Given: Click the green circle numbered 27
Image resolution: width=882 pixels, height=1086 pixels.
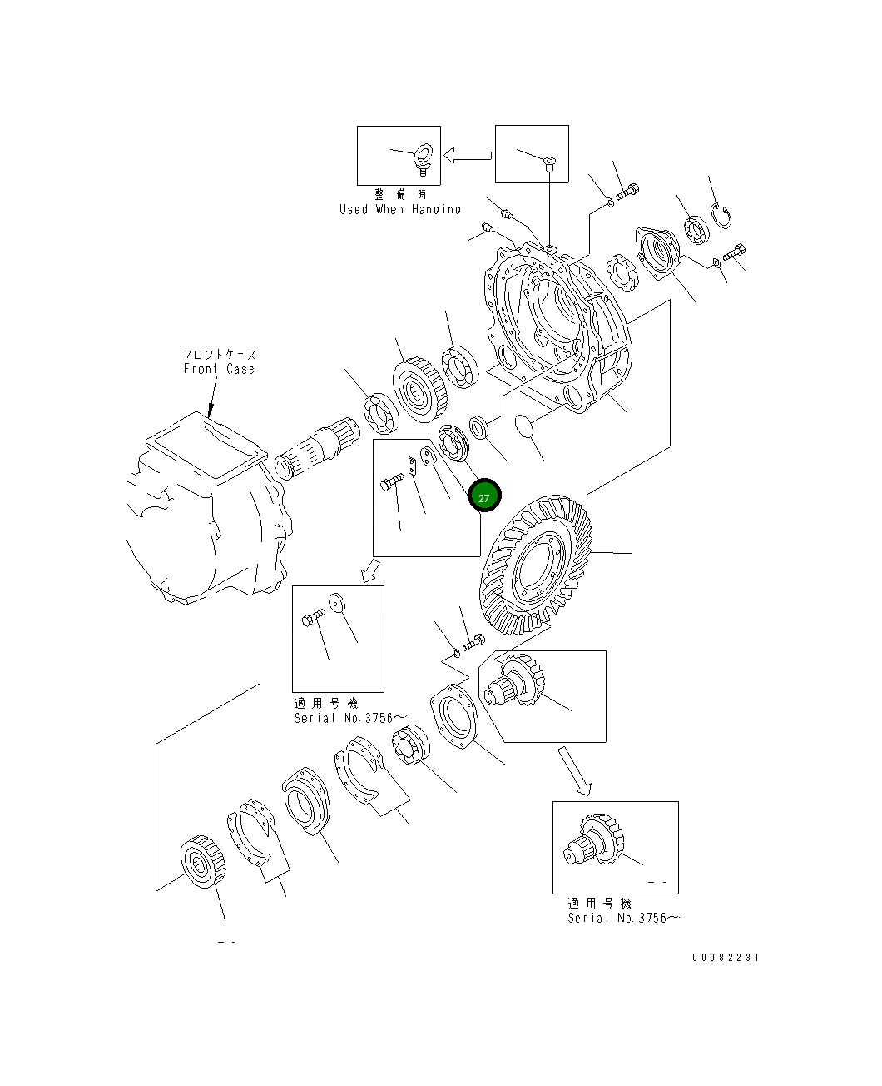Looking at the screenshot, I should pyautogui.click(x=484, y=497).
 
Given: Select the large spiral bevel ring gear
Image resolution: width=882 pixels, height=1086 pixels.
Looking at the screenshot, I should pyautogui.click(x=537, y=565).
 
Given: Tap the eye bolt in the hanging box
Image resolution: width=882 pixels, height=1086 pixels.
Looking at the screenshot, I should pyautogui.click(x=424, y=159).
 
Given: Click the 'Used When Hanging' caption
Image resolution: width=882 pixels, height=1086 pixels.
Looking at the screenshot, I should pyautogui.click(x=399, y=209).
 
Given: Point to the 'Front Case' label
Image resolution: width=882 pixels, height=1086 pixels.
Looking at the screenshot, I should pyautogui.click(x=219, y=369).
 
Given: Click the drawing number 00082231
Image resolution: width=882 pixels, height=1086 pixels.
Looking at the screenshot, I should pyautogui.click(x=726, y=958).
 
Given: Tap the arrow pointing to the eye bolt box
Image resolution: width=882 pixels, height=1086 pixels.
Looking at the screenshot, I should pyautogui.click(x=468, y=155).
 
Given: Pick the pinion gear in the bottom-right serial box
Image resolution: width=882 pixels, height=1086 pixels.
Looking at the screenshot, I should pyautogui.click(x=596, y=841).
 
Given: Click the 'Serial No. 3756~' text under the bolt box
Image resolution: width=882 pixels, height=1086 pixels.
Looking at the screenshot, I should pyautogui.click(x=350, y=718).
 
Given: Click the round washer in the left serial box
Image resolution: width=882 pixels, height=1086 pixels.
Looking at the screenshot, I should pyautogui.click(x=337, y=602).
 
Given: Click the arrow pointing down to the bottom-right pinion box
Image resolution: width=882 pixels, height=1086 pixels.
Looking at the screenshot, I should pyautogui.click(x=574, y=770).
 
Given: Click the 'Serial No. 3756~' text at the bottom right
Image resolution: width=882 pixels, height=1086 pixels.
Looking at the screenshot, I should pyautogui.click(x=623, y=918).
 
